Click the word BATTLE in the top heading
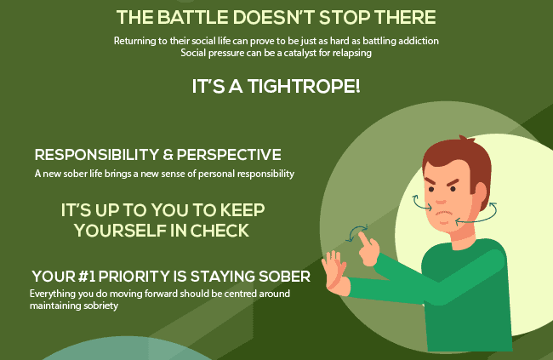(x=192, y=17)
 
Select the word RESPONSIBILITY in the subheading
(x=97, y=155)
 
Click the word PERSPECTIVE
(x=229, y=155)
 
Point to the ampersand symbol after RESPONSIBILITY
(x=168, y=155)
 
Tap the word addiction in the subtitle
(x=419, y=41)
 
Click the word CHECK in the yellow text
(x=219, y=231)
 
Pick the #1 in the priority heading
(x=87, y=277)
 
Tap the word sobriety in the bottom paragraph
(x=101, y=306)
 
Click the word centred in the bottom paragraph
(x=240, y=294)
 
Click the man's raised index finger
(x=363, y=239)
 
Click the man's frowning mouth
(x=444, y=214)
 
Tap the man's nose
(x=440, y=198)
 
